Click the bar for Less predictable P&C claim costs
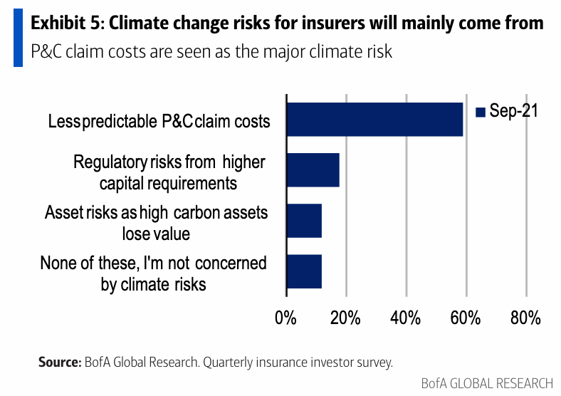tap(374, 119)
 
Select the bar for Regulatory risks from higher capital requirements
tap(313, 170)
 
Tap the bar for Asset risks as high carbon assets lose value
tap(303, 220)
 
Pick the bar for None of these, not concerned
tap(303, 271)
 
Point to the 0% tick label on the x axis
tap(285, 318)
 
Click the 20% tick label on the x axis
tap(345, 318)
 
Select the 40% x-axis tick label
tap(406, 318)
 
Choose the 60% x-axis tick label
tap(466, 318)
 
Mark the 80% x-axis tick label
tap(525, 318)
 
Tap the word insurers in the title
tap(314, 24)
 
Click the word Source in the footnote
tap(59, 363)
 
